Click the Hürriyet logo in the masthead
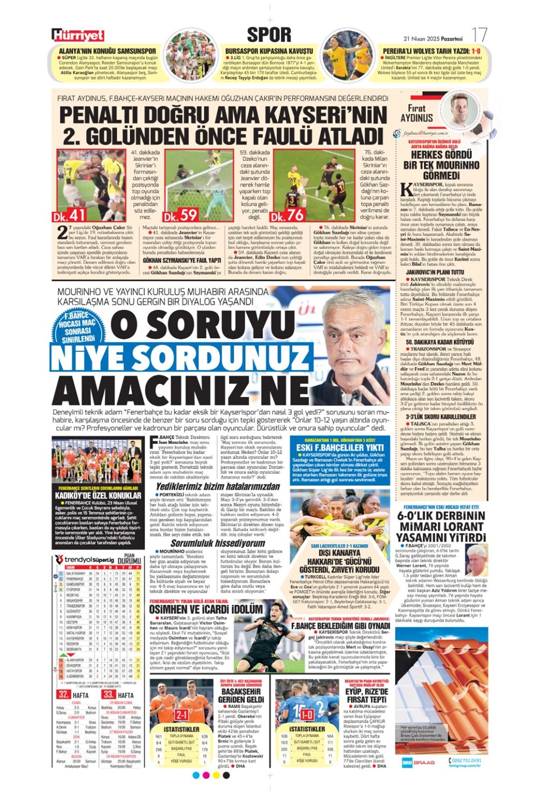(x=78, y=36)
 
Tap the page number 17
(x=479, y=36)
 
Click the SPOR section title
(x=269, y=35)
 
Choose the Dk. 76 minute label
(x=288, y=215)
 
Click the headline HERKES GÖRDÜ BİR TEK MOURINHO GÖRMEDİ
(x=442, y=165)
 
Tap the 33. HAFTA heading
(x=118, y=695)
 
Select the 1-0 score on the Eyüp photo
(x=307, y=715)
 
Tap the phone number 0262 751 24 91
(x=464, y=760)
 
